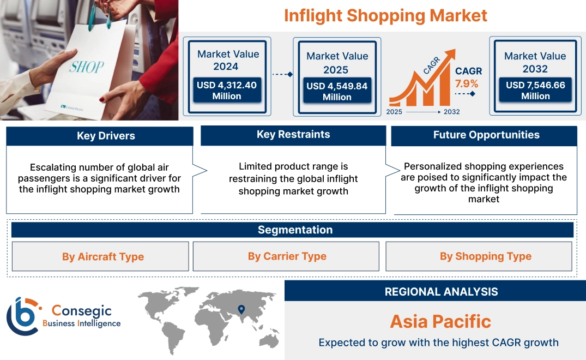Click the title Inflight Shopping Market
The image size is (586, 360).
pos(385,15)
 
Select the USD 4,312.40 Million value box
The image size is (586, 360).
pos(227,91)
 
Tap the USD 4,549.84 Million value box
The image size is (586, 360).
pos(337,91)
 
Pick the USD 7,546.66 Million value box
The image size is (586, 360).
pos(535,90)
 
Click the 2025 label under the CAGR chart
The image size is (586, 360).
pos(395,112)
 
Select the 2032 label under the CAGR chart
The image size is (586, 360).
pos(451,112)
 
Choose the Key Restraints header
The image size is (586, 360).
pos(293,135)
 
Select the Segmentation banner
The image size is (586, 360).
pos(295,230)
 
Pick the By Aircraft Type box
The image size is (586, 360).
pos(103,256)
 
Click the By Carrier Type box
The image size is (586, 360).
pos(287,256)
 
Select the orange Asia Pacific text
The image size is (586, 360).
pos(440,321)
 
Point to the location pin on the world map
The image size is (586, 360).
pos(240,310)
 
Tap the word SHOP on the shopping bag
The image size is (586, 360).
pos(87,67)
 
